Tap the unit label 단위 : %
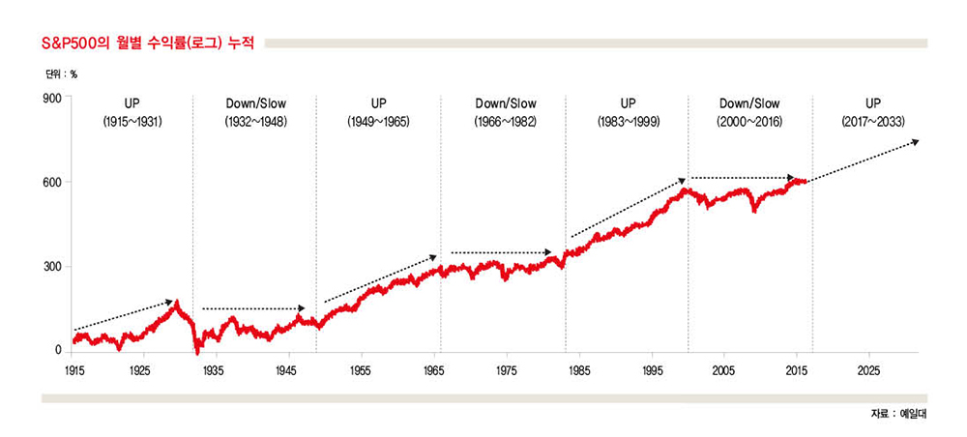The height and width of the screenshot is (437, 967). [60, 73]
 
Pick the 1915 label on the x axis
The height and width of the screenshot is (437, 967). [73, 370]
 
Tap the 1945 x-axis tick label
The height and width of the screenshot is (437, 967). [287, 370]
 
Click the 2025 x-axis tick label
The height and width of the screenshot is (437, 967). [868, 370]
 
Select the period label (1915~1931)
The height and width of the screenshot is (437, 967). [132, 123]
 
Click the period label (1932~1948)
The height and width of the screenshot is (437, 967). [256, 123]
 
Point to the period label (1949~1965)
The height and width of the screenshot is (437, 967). [378, 123]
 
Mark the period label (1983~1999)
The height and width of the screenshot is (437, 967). [628, 123]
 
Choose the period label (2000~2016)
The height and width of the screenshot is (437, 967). [749, 123]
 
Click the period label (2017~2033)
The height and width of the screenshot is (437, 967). [872, 123]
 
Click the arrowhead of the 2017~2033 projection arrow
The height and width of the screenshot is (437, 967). [915, 141]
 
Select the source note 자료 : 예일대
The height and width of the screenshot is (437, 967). [898, 414]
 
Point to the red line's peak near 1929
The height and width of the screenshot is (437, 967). [177, 303]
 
